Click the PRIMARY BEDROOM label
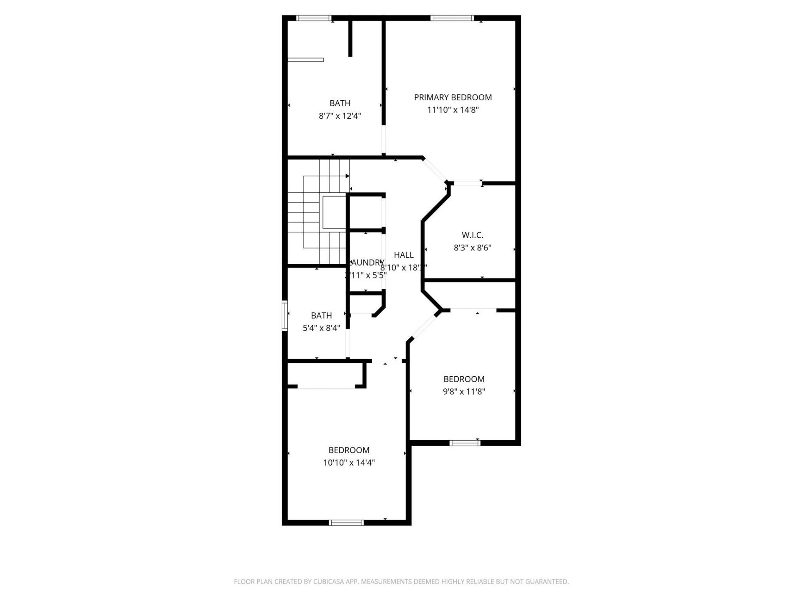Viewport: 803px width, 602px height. (x=453, y=97)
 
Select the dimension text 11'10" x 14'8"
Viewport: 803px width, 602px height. (x=453, y=110)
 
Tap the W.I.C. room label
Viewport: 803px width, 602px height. (x=472, y=235)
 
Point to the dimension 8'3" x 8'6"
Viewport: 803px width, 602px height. (x=472, y=247)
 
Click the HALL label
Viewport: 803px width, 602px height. (x=404, y=255)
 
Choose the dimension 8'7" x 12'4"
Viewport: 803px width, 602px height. (x=340, y=116)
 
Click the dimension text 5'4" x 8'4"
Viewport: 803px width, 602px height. (x=321, y=328)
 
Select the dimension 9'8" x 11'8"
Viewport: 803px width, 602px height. (x=464, y=392)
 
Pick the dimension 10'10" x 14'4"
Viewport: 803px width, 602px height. (x=348, y=463)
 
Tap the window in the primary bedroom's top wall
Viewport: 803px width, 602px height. (x=452, y=18)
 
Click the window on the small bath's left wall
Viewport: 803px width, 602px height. (x=284, y=315)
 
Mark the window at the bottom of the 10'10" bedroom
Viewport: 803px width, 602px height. (x=346, y=522)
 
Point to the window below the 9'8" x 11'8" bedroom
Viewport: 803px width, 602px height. (x=465, y=443)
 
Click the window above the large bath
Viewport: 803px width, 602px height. (x=314, y=18)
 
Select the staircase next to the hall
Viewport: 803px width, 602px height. (x=318, y=213)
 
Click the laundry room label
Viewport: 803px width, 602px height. (x=367, y=263)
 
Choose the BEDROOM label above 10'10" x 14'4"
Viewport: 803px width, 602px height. (x=348, y=450)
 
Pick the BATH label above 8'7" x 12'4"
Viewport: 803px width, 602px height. (x=340, y=103)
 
